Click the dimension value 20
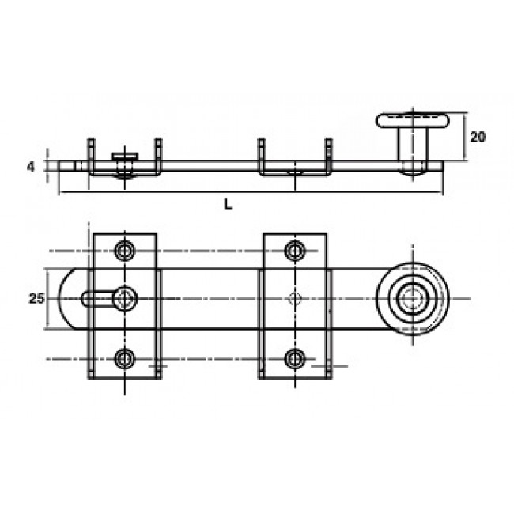[477, 137]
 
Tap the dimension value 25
[34, 298]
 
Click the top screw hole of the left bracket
[125, 251]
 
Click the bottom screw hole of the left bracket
[125, 359]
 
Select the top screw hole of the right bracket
[295, 251]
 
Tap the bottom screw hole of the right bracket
[295, 359]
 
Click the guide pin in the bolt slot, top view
[125, 298]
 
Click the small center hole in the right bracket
[295, 299]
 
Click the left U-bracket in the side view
[125, 170]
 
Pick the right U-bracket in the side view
[294, 170]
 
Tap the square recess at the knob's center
[411, 299]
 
